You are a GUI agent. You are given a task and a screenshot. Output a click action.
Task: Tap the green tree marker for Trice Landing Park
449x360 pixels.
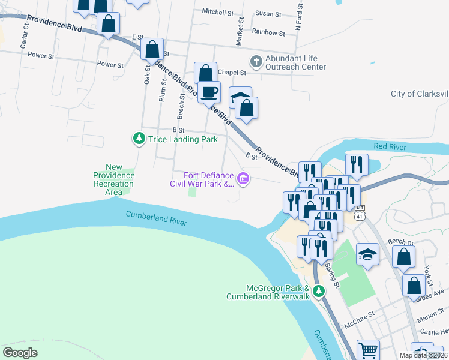click(139, 139)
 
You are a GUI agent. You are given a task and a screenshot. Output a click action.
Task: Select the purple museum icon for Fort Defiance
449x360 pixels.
click(243, 178)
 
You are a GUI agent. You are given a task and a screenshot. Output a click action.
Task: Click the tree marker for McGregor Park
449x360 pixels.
click(319, 292)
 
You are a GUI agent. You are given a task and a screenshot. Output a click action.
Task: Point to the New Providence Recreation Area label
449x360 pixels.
click(114, 179)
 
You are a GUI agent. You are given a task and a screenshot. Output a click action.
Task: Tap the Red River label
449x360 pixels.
click(390, 147)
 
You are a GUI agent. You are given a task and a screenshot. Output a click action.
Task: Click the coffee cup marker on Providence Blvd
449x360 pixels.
click(209, 92)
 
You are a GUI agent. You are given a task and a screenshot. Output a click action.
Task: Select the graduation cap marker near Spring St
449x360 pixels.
click(367, 254)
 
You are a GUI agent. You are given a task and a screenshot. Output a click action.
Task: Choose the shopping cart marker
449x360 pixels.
click(368, 350)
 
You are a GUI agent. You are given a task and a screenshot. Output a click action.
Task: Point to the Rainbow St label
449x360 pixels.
click(268, 32)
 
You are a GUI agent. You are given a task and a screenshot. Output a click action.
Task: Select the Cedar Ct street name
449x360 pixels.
click(25, 39)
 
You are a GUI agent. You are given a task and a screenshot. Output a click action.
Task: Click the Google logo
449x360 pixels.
click(20, 353)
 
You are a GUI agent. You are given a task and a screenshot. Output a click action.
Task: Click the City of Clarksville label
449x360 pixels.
click(419, 94)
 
